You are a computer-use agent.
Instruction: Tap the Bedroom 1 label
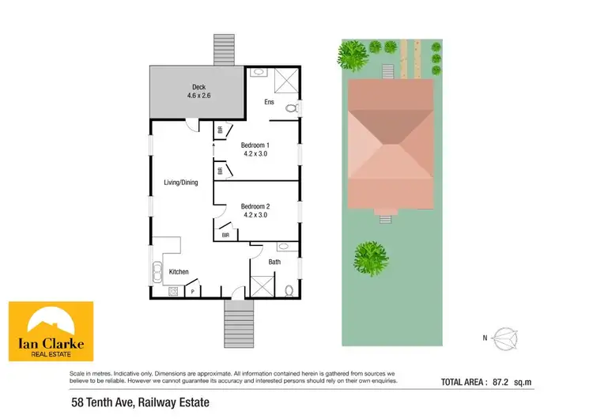(255, 149)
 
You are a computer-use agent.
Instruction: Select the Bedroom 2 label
(255, 210)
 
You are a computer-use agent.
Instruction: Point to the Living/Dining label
(180, 183)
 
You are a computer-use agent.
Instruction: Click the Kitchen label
(179, 272)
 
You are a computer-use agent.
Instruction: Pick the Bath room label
(274, 261)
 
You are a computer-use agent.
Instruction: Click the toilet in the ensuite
(290, 108)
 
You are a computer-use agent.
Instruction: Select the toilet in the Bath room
(289, 289)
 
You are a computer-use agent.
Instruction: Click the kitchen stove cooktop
(172, 292)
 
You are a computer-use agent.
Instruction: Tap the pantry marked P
(193, 292)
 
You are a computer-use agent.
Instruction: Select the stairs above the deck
(225, 50)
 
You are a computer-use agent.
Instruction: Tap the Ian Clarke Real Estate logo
(51, 331)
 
